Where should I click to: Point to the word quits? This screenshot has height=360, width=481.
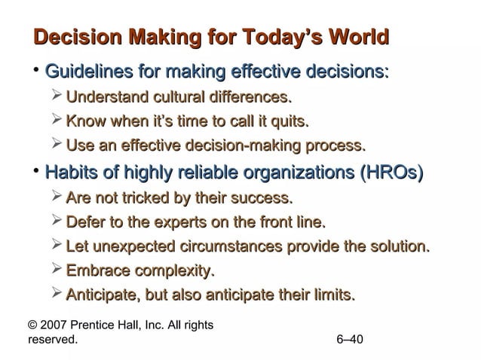click(x=288, y=121)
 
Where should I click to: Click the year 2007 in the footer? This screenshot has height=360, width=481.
click(x=55, y=325)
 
